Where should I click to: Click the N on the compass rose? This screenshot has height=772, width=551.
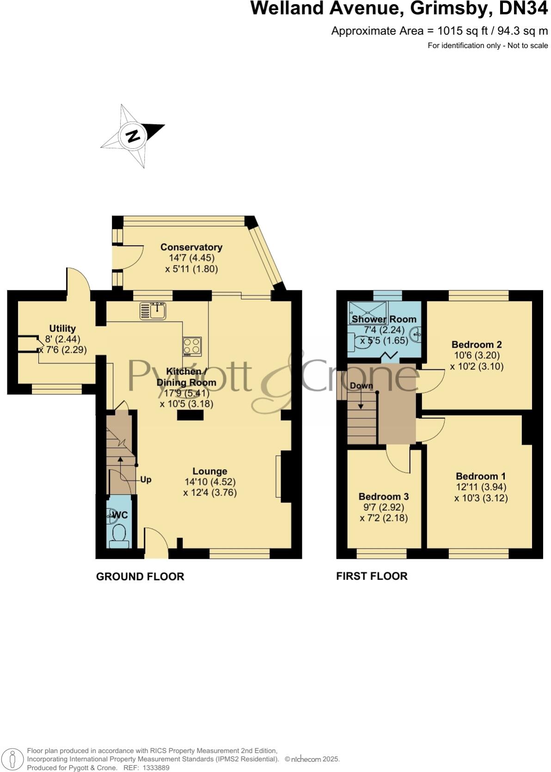(133, 136)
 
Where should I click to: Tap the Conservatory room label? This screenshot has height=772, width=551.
(191, 247)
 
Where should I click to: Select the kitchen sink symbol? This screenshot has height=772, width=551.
(153, 310)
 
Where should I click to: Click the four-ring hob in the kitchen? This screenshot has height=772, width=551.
(192, 346)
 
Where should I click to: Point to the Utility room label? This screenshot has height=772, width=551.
(62, 328)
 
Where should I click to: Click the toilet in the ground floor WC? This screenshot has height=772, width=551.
(119, 536)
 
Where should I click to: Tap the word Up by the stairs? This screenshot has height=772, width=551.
(146, 480)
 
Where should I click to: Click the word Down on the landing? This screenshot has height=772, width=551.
(361, 386)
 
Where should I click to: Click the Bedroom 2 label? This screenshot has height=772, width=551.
(477, 344)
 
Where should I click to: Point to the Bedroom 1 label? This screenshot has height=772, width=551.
(481, 476)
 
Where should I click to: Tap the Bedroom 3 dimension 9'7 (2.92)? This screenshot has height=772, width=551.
(384, 507)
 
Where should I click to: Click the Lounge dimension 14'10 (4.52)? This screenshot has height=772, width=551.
(210, 482)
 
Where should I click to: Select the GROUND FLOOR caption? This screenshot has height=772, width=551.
(140, 576)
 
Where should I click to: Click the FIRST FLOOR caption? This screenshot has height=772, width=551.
(372, 576)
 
